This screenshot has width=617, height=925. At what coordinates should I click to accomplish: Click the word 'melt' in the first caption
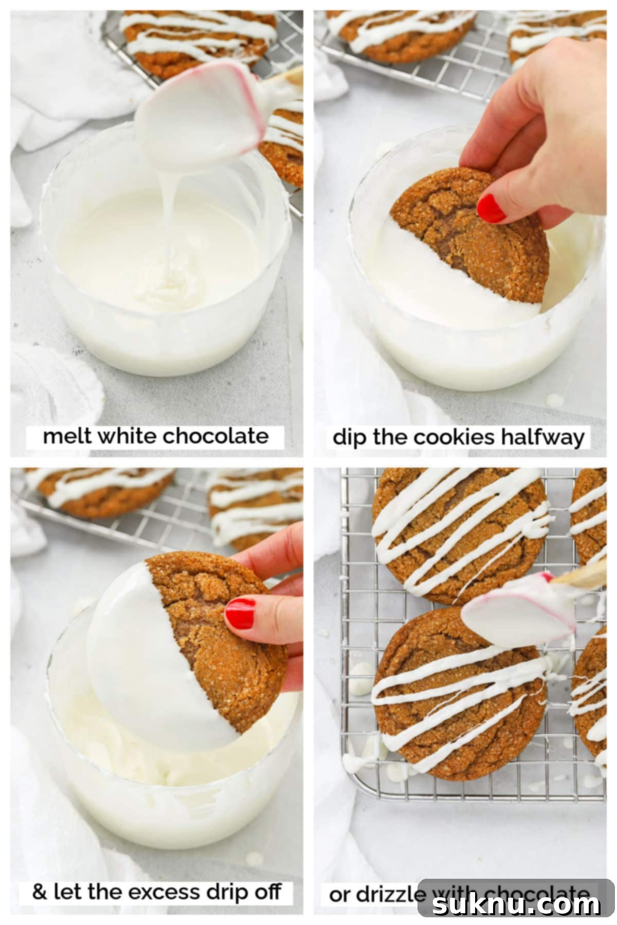coord(67,436)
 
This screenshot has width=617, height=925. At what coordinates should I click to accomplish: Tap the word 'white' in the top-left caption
coord(128,436)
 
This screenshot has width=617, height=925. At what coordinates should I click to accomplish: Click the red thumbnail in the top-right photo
coord(492,208)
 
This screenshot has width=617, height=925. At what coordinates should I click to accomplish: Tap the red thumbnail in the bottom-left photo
coord(240,614)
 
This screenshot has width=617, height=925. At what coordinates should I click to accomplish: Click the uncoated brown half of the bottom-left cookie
coord(226,647)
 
